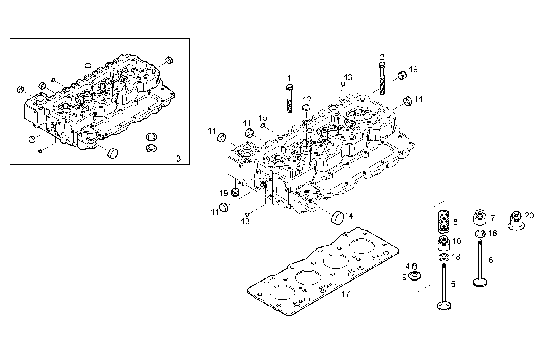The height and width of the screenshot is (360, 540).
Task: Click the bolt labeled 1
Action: click(289, 98)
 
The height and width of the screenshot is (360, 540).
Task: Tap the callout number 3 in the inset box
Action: click(179, 158)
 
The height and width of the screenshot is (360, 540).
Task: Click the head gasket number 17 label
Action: click(346, 294)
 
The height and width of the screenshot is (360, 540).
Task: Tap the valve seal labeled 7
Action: click(480, 218)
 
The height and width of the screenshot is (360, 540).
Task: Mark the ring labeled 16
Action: click(480, 233)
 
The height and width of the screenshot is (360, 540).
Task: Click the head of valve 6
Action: click(480, 282)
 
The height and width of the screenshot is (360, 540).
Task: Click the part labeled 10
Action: click(444, 242)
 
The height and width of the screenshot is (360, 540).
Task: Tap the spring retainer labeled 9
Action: click(414, 276)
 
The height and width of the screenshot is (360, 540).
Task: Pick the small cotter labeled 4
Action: click(415, 266)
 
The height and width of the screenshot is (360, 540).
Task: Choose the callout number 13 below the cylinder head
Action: click(245, 221)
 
